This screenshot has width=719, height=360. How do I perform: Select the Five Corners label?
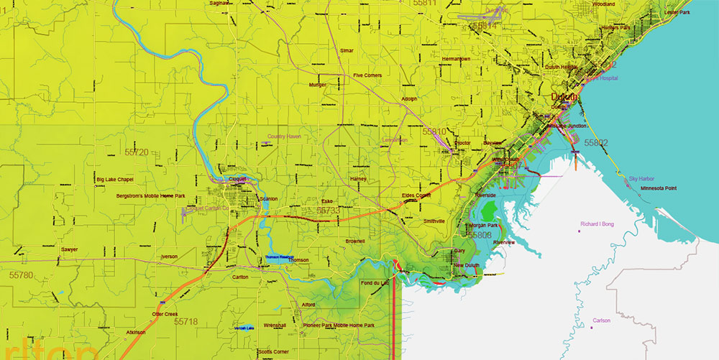(x=367, y=75)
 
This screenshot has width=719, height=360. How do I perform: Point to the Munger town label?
(x=317, y=85)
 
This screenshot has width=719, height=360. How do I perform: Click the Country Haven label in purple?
(x=284, y=136)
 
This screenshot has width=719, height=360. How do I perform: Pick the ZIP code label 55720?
(x=136, y=152)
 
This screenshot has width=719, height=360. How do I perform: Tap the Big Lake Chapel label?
(x=114, y=179)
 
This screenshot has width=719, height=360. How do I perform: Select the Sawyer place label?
(x=69, y=249)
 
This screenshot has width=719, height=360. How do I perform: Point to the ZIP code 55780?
(x=22, y=275)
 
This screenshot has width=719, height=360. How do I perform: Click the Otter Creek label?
(x=165, y=314)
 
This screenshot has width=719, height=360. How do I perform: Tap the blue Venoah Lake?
(x=244, y=328)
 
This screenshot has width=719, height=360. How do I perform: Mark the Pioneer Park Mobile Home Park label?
(x=338, y=326)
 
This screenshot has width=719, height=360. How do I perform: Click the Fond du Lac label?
(x=375, y=282)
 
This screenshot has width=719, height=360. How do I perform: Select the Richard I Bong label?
(x=597, y=224)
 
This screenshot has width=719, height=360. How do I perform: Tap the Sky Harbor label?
(x=642, y=178)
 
